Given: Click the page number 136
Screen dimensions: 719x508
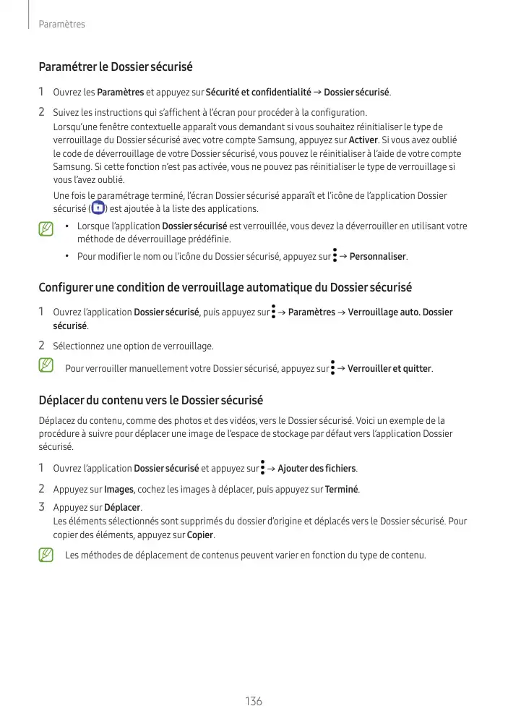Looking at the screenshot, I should [254, 702].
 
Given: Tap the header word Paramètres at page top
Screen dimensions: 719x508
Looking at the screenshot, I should [61, 25].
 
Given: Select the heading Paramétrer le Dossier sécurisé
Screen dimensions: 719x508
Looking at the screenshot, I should [115, 67].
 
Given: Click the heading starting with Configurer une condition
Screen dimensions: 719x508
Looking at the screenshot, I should [225, 287].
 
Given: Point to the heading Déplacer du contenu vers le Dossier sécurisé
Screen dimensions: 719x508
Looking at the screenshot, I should [150, 400].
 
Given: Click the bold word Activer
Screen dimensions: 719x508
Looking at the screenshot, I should [363, 140].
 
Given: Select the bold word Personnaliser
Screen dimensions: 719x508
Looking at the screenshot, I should [378, 257].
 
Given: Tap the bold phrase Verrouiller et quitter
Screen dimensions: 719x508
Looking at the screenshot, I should [389, 369].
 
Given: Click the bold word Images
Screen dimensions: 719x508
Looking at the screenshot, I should [119, 489].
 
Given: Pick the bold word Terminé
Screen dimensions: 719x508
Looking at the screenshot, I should [342, 489].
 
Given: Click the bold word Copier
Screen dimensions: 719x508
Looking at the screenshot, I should [201, 535].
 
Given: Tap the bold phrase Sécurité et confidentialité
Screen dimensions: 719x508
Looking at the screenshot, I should [258, 93].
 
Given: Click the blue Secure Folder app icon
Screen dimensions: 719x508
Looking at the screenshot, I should [99, 208].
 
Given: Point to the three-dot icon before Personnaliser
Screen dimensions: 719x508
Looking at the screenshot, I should [335, 256].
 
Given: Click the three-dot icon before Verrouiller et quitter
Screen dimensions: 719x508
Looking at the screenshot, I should [332, 368].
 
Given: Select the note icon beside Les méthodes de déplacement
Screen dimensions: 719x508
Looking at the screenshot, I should [46, 556].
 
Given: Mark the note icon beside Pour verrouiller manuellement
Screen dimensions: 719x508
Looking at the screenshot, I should [46, 366].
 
